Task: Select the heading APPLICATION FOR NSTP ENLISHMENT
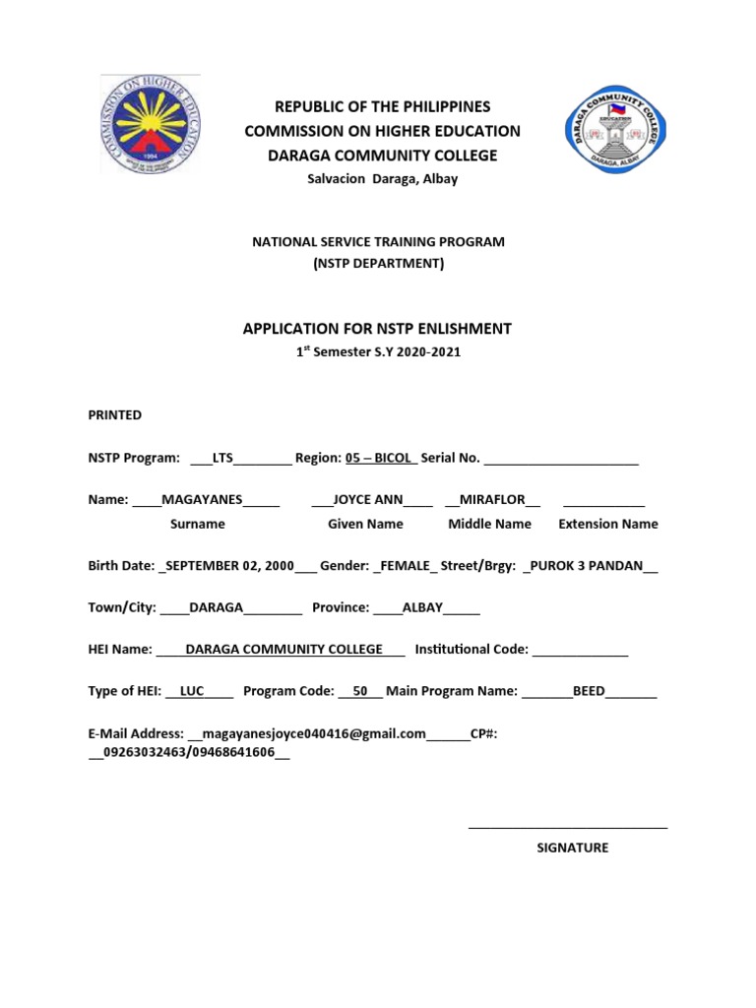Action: click(x=377, y=329)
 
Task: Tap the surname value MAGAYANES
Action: click(x=202, y=499)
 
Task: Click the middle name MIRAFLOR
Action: click(x=492, y=499)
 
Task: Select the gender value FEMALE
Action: click(x=406, y=566)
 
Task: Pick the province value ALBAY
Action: click(x=422, y=607)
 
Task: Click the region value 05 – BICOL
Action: click(x=380, y=458)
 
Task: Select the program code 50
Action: click(x=360, y=691)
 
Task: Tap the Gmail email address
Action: click(x=313, y=733)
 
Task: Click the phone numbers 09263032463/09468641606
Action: click(x=188, y=752)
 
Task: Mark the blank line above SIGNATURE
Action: click(x=568, y=827)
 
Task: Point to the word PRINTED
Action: click(x=115, y=415)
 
